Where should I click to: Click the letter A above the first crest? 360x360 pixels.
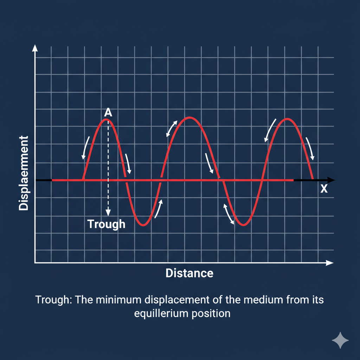(x=108, y=112)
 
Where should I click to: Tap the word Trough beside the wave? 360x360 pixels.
(x=106, y=224)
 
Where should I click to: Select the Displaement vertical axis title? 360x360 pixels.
(x=24, y=173)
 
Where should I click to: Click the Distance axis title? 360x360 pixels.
(x=189, y=273)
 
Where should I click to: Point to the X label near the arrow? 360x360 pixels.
(x=324, y=189)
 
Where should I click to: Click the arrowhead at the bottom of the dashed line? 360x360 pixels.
(x=108, y=212)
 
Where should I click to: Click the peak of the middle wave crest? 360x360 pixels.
(x=189, y=117)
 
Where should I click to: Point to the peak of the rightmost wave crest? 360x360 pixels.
(x=288, y=119)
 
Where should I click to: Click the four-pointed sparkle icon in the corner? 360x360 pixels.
(x=340, y=340)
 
